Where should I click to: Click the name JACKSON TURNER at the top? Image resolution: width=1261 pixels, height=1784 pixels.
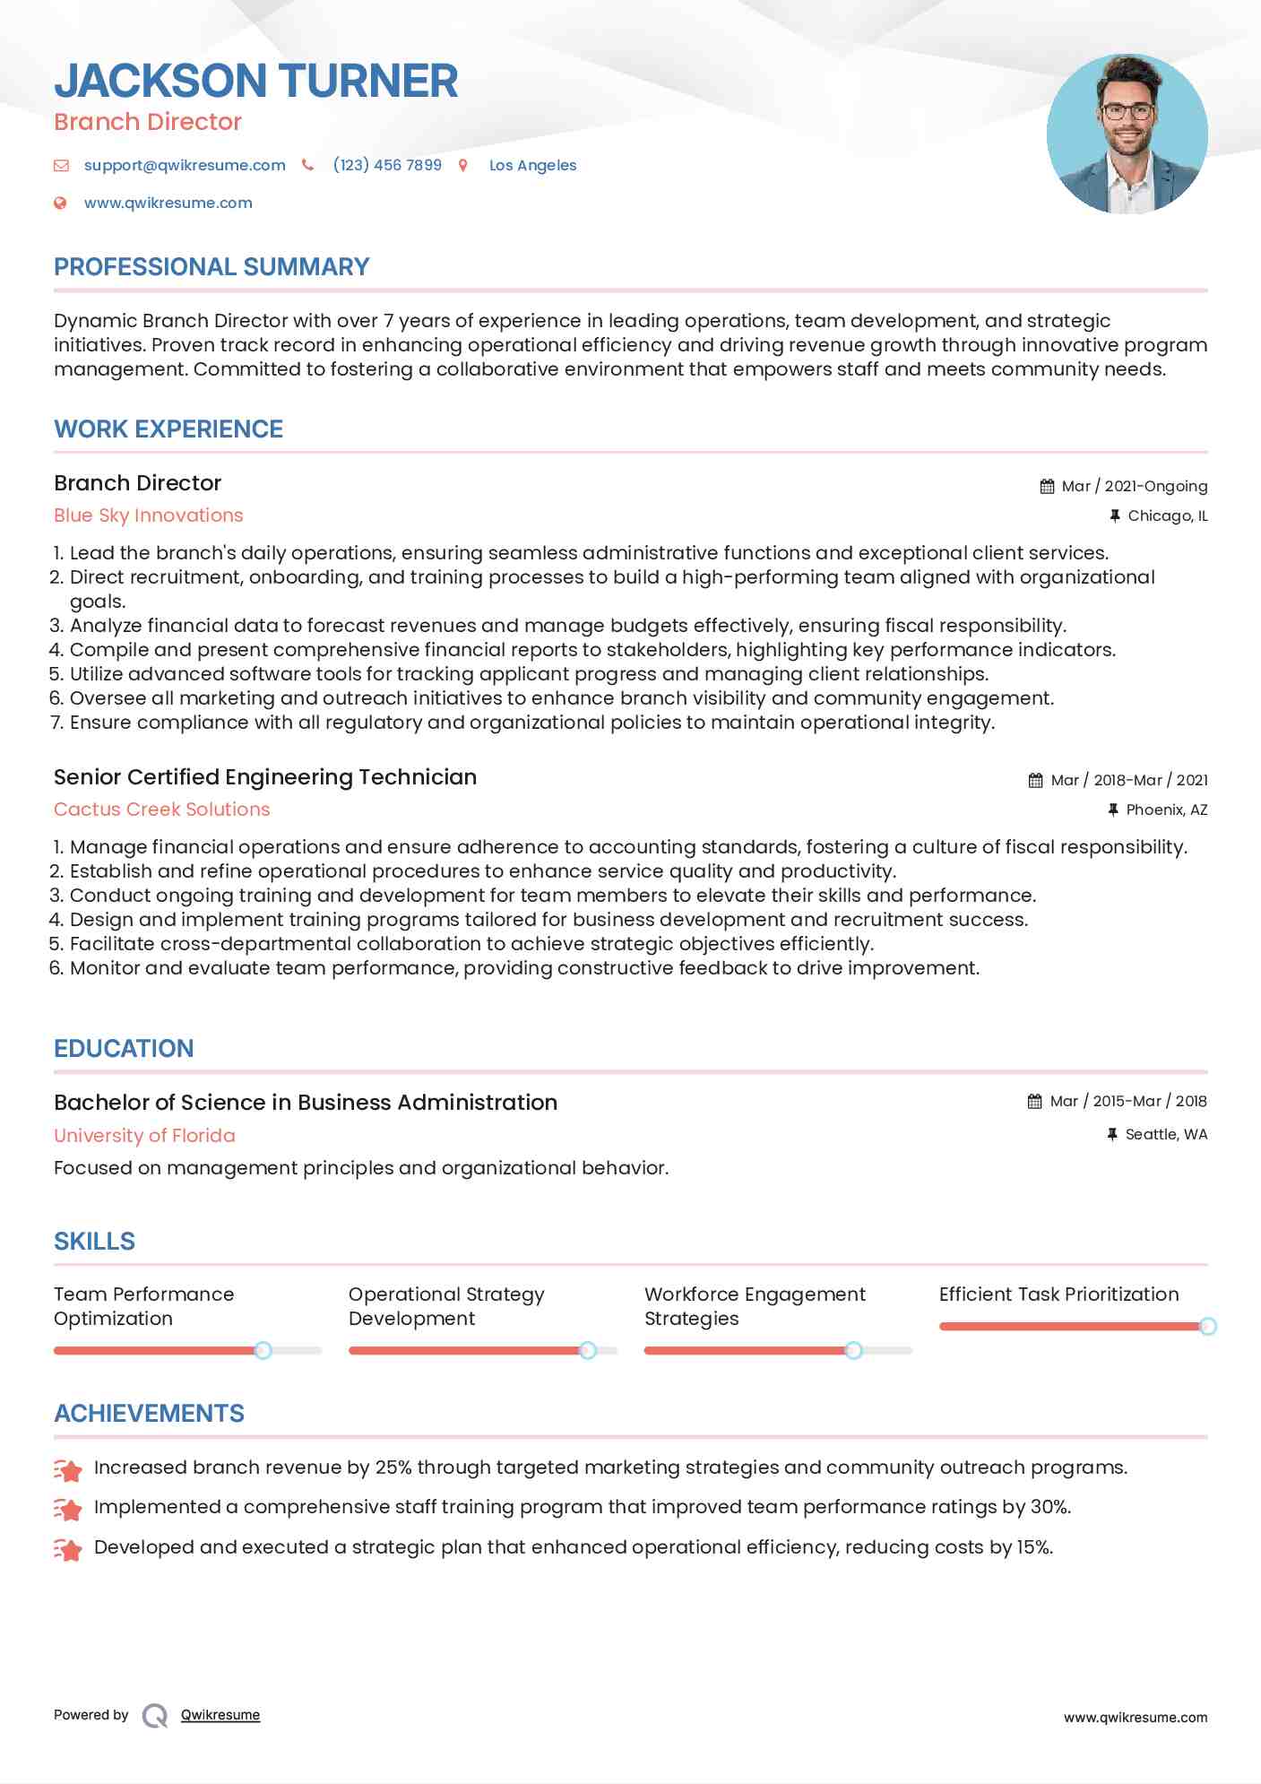click(x=255, y=81)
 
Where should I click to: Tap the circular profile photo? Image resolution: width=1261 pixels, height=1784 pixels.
click(x=1127, y=134)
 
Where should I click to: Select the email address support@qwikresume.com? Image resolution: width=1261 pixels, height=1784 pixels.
click(x=185, y=165)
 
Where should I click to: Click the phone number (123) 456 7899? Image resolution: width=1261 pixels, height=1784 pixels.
click(x=387, y=165)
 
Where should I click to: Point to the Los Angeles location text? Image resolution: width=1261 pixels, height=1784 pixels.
click(x=532, y=165)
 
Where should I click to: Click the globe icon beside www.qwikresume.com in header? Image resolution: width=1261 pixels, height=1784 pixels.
click(x=61, y=204)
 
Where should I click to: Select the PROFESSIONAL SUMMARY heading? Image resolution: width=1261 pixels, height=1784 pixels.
click(x=212, y=267)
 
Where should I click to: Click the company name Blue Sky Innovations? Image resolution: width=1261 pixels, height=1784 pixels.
click(x=149, y=515)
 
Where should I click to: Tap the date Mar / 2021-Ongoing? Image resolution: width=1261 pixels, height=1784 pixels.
click(x=1134, y=486)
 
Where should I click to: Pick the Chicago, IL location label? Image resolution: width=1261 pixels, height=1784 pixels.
click(x=1167, y=515)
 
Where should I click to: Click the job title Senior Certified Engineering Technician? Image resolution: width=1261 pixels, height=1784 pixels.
click(x=265, y=777)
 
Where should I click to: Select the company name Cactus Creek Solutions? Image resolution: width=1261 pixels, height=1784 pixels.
click(x=162, y=810)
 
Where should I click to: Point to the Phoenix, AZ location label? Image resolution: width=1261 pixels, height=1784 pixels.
click(x=1166, y=810)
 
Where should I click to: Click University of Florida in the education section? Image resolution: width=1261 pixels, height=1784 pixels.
click(x=144, y=1136)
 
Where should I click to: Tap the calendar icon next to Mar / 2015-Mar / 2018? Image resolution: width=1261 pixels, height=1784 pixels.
click(x=1035, y=1101)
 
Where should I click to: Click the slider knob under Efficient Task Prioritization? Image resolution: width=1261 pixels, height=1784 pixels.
click(x=1207, y=1326)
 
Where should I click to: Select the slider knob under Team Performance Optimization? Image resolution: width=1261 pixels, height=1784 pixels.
click(x=263, y=1350)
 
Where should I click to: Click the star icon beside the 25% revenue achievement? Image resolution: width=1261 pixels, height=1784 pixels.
click(x=68, y=1469)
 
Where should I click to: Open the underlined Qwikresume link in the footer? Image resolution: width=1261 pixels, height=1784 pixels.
click(x=220, y=1715)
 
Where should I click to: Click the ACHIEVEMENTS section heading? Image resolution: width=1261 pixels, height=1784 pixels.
click(x=149, y=1414)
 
